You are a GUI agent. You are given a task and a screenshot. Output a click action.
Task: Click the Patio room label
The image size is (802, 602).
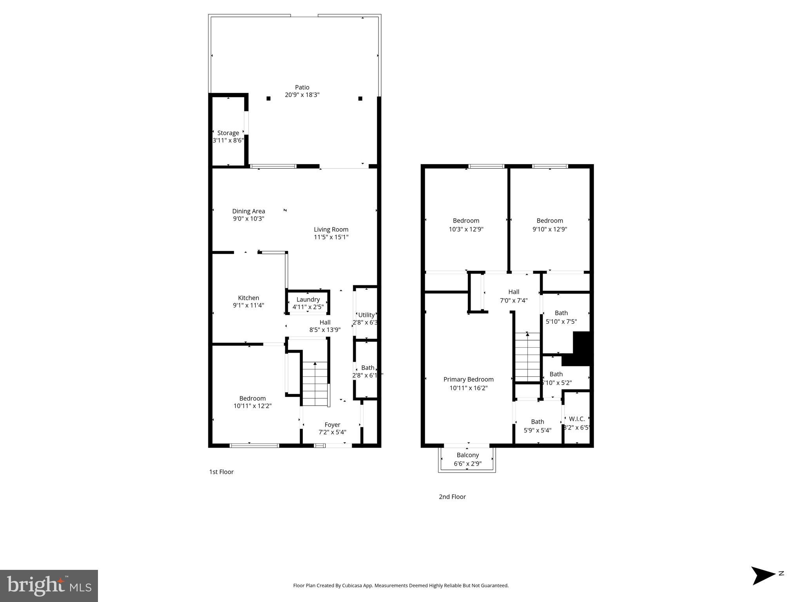[302, 87]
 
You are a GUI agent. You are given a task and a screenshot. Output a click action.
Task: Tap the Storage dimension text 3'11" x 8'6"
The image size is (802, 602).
[228, 140]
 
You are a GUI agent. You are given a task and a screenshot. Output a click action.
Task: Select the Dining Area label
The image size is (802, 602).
[248, 211]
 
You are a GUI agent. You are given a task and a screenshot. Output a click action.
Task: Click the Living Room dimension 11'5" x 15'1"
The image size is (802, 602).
[331, 237]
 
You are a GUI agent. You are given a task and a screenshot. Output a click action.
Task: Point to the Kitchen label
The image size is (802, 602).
[248, 298]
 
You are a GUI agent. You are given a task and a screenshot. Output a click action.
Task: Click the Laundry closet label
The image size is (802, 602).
[308, 299]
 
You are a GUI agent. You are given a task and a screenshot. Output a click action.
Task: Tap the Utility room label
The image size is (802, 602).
[366, 315]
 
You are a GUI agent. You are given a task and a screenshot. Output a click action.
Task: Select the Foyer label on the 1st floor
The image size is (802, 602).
[332, 425]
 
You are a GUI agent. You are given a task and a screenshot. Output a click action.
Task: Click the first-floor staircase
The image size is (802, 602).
[315, 384]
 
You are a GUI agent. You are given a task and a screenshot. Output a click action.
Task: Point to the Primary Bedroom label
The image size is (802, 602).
[468, 379]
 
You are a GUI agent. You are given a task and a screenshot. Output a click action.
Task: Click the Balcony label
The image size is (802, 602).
[467, 455]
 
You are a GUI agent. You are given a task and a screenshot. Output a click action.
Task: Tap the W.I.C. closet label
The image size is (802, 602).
[577, 419]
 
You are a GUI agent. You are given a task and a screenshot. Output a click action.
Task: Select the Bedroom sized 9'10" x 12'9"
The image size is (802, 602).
[550, 225]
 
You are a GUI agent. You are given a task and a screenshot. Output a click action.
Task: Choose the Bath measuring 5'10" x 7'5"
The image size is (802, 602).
[561, 317]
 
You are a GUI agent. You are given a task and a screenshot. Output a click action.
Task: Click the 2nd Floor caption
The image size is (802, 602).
[452, 497]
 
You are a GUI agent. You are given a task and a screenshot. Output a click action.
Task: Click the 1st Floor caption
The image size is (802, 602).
[221, 472]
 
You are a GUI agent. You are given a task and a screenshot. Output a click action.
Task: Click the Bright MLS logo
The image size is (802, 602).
[49, 586]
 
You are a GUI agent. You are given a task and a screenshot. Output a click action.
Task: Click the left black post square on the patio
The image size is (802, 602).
[268, 98]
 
